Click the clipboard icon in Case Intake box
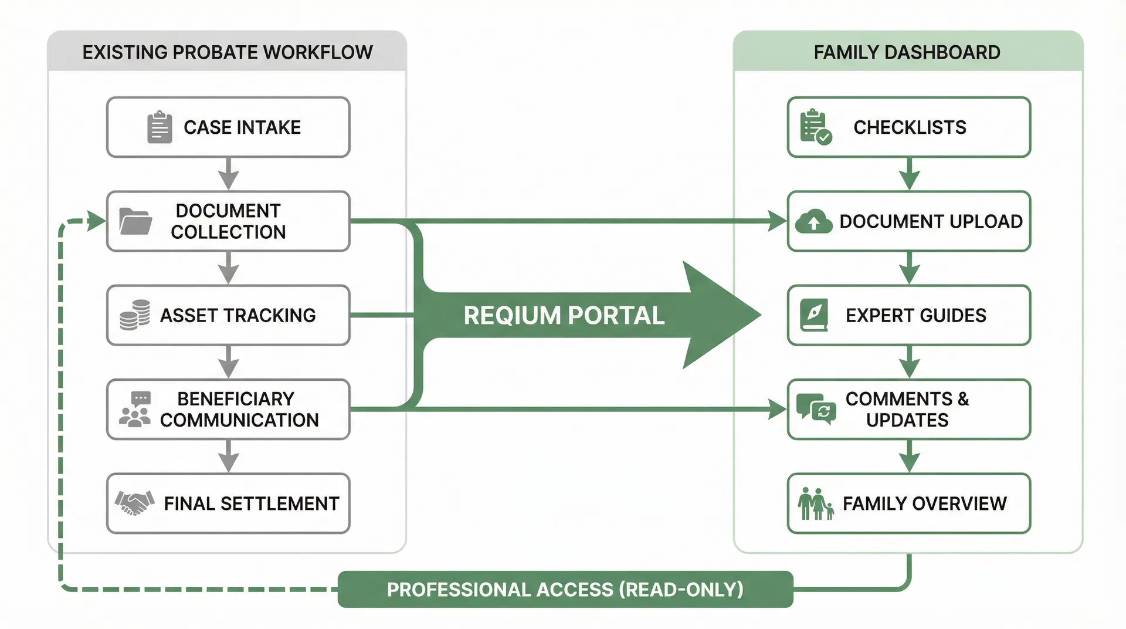tap(159, 127)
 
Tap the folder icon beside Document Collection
tap(135, 221)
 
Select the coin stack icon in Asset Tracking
tap(135, 315)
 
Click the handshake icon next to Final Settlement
tap(134, 503)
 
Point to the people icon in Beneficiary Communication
tap(135, 410)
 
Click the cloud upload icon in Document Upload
tap(813, 222)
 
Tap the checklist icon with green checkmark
tap(815, 127)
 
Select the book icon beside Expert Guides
tap(814, 315)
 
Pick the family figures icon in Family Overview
tap(815, 503)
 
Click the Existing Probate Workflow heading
tap(227, 52)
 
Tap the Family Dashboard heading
tap(907, 52)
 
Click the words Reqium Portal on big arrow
tap(564, 316)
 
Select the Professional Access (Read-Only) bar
tap(565, 589)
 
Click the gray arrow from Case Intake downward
tap(228, 174)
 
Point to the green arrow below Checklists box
tap(908, 174)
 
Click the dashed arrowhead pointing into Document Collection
tap(96, 221)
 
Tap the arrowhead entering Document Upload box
tap(777, 221)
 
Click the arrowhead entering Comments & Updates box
tap(777, 409)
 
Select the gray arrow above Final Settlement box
tap(228, 457)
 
